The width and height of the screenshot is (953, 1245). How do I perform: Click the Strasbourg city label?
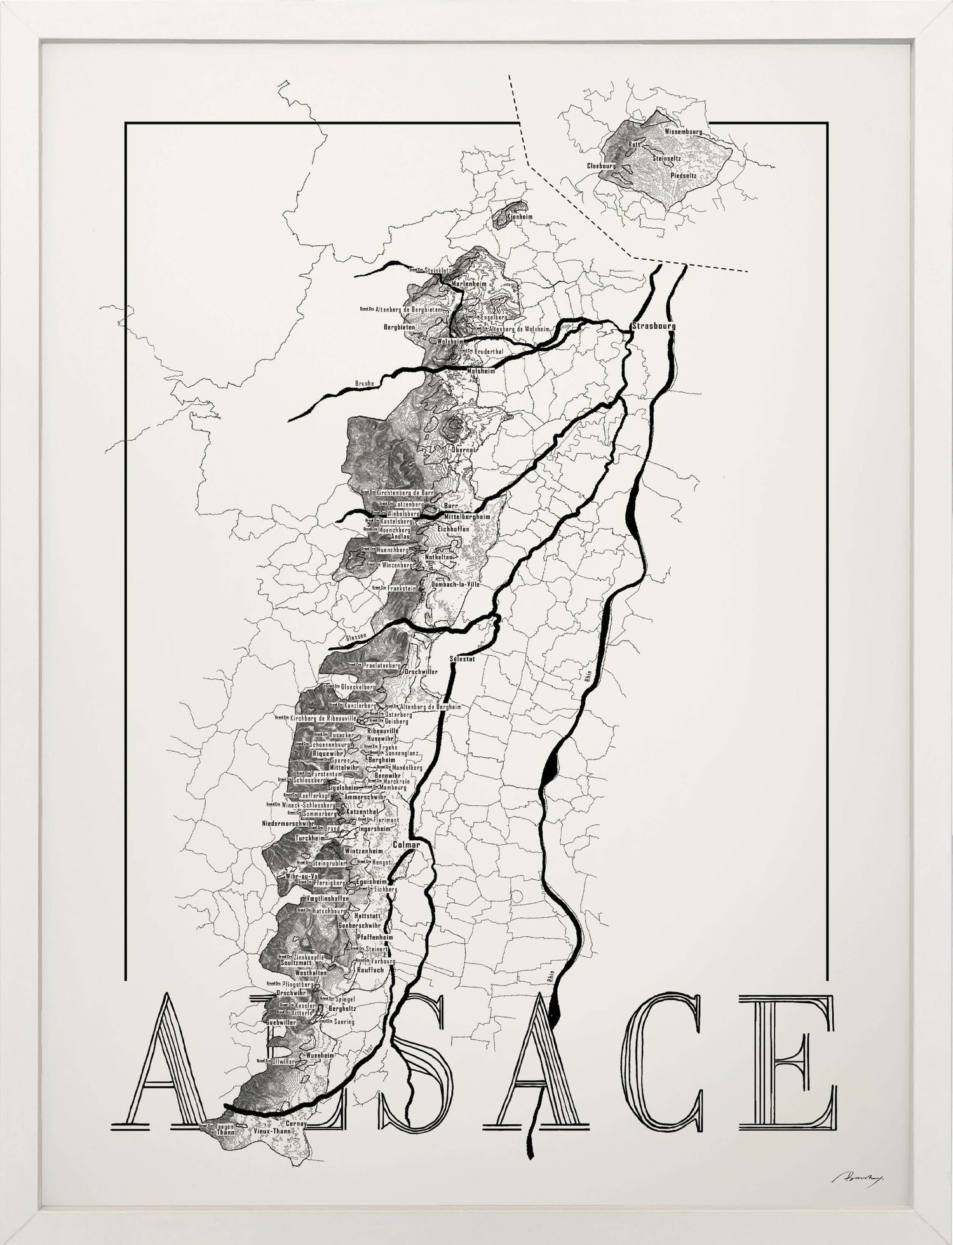654,326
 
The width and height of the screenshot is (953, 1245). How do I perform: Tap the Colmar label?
407,845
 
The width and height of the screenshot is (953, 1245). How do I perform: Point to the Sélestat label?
462,658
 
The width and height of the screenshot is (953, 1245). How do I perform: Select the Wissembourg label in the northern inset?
683,132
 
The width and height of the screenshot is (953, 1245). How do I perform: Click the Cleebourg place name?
601,165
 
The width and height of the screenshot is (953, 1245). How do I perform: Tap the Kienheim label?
520,217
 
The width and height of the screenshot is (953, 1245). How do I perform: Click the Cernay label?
297,1124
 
